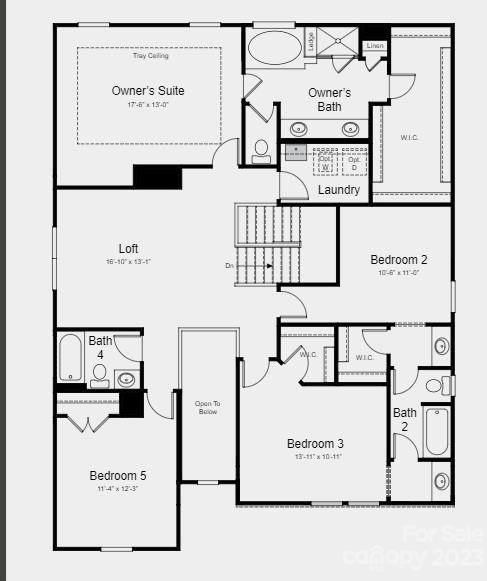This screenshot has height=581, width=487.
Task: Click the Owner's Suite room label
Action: pos(148,91)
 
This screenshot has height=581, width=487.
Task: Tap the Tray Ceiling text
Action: pos(150,55)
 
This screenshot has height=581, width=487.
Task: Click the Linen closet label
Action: pos(375,46)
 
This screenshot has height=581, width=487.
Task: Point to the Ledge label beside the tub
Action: pos(312,41)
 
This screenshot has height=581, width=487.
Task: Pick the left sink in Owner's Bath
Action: pos(299,128)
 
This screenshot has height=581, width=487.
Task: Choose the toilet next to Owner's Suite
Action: pos(261,151)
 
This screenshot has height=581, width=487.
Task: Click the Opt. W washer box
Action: pos(326,162)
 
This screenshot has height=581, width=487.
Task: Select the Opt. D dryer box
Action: pos(354,162)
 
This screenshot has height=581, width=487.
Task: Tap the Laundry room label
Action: pos(339,190)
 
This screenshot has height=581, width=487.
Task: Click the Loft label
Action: pos(128,248)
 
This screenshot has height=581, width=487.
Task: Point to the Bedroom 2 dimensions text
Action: pos(398,273)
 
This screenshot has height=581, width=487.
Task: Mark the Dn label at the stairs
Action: pos(229,266)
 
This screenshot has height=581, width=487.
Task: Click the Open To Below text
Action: pos(207,407)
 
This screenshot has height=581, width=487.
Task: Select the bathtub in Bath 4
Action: pos(70,357)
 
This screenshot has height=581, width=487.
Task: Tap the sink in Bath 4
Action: pos(126,378)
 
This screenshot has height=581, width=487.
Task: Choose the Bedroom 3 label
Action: pos(315,443)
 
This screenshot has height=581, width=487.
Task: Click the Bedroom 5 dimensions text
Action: pos(117,489)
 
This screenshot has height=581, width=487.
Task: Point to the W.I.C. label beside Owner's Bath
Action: pos(409,138)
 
